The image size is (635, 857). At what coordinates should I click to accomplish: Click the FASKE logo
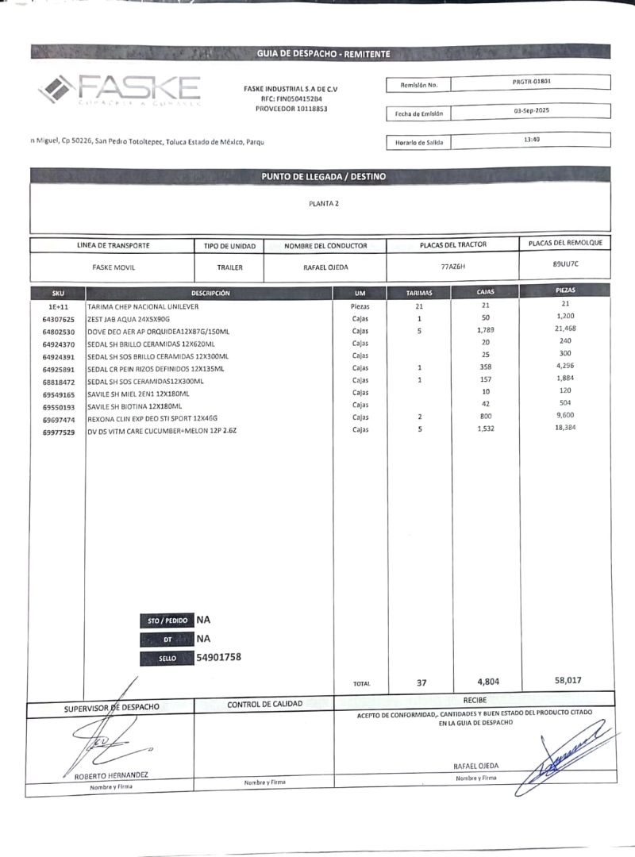click(119, 89)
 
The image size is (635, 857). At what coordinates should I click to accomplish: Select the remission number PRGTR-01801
click(532, 81)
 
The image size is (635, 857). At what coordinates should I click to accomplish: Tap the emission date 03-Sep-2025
click(532, 111)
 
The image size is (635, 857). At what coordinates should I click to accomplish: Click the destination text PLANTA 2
click(324, 204)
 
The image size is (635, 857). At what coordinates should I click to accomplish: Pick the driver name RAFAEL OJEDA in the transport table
click(325, 267)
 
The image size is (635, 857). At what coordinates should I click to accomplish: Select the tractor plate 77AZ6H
click(452, 267)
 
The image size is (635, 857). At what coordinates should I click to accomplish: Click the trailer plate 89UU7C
click(566, 263)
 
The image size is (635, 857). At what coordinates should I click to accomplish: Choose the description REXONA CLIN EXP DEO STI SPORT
click(152, 418)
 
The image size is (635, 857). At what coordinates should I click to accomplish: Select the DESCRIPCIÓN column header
click(210, 294)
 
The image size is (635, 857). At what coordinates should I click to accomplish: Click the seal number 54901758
click(218, 657)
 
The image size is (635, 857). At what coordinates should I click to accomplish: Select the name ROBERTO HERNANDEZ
click(110, 775)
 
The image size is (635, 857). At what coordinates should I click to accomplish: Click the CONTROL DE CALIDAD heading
click(264, 704)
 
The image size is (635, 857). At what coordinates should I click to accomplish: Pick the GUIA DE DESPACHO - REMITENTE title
click(323, 53)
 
